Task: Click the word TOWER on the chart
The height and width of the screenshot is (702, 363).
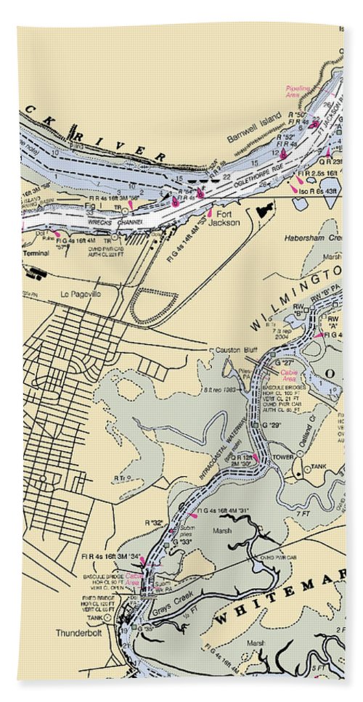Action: point(282,457)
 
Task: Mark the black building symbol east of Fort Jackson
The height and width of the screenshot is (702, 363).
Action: point(264,210)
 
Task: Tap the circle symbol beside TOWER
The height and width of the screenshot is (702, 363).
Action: point(296,457)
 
